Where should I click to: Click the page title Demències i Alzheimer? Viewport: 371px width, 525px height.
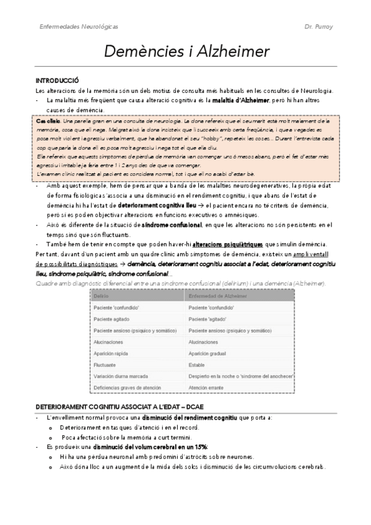coord(185,51)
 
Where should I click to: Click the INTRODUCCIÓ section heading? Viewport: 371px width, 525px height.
coord(58,81)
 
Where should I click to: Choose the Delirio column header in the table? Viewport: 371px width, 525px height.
coord(100,297)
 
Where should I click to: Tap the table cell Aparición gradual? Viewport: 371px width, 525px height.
coord(209,353)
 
